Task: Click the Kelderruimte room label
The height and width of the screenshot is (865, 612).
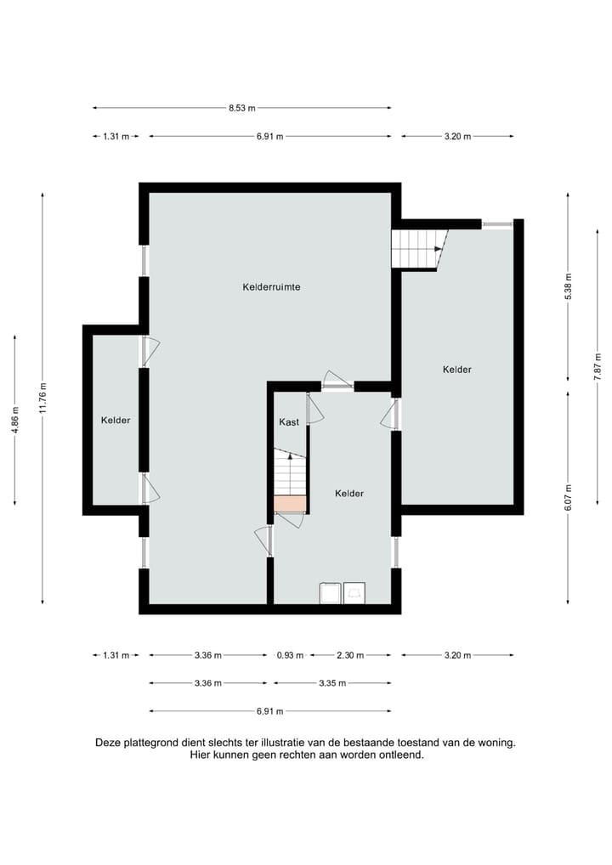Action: [271, 287]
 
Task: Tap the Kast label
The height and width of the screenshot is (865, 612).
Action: [289, 422]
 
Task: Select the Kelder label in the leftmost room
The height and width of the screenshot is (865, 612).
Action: [116, 421]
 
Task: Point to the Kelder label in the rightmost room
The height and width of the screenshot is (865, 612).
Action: [457, 370]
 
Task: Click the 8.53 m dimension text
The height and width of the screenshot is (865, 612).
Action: [241, 108]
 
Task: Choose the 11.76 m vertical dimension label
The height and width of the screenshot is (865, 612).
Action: [42, 399]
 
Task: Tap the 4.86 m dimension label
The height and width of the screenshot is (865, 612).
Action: [14, 420]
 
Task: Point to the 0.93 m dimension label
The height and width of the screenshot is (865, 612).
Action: [290, 655]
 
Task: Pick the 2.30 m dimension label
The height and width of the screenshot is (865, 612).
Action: [350, 655]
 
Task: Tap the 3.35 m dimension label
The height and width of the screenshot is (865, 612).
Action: [331, 683]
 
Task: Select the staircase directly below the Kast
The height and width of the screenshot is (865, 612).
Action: [289, 472]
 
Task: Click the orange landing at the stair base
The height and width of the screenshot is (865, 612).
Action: [289, 504]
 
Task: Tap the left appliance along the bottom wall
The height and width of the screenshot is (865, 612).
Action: [329, 593]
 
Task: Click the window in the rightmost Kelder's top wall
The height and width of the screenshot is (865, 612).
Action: [496, 224]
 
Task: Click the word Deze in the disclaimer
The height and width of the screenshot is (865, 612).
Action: [109, 742]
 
